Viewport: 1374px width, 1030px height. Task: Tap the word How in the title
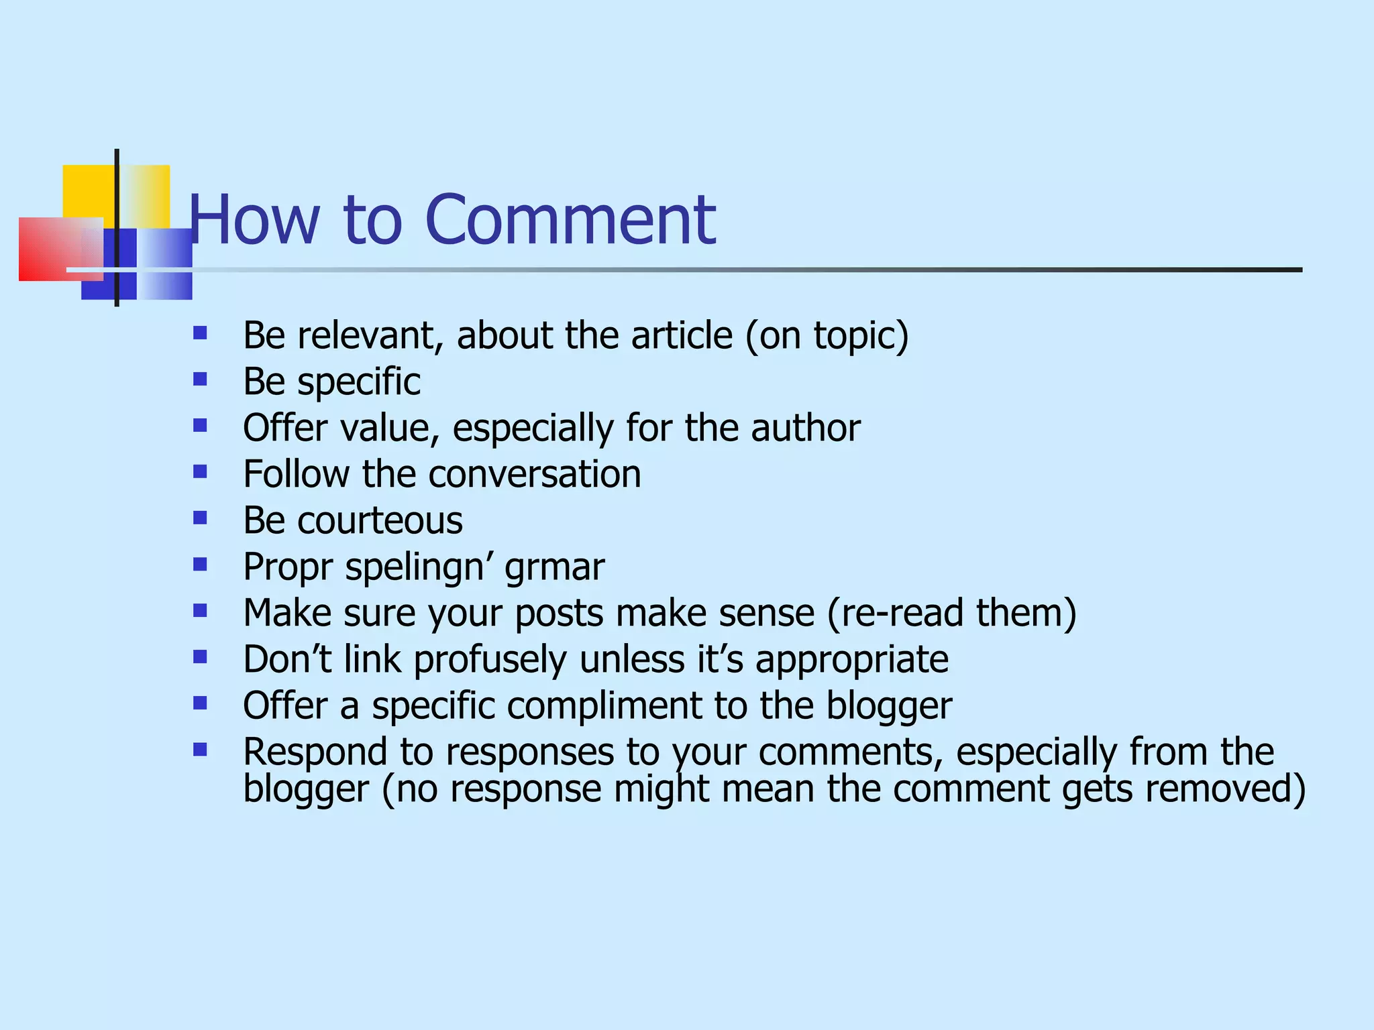click(x=254, y=219)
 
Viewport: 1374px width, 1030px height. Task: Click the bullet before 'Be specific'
click(x=200, y=380)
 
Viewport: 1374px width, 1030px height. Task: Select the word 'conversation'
click(x=535, y=474)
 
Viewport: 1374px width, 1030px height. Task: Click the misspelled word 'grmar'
click(x=554, y=567)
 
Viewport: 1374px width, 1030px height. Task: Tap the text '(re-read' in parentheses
click(x=895, y=613)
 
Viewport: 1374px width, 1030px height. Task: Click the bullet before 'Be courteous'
click(x=200, y=518)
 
